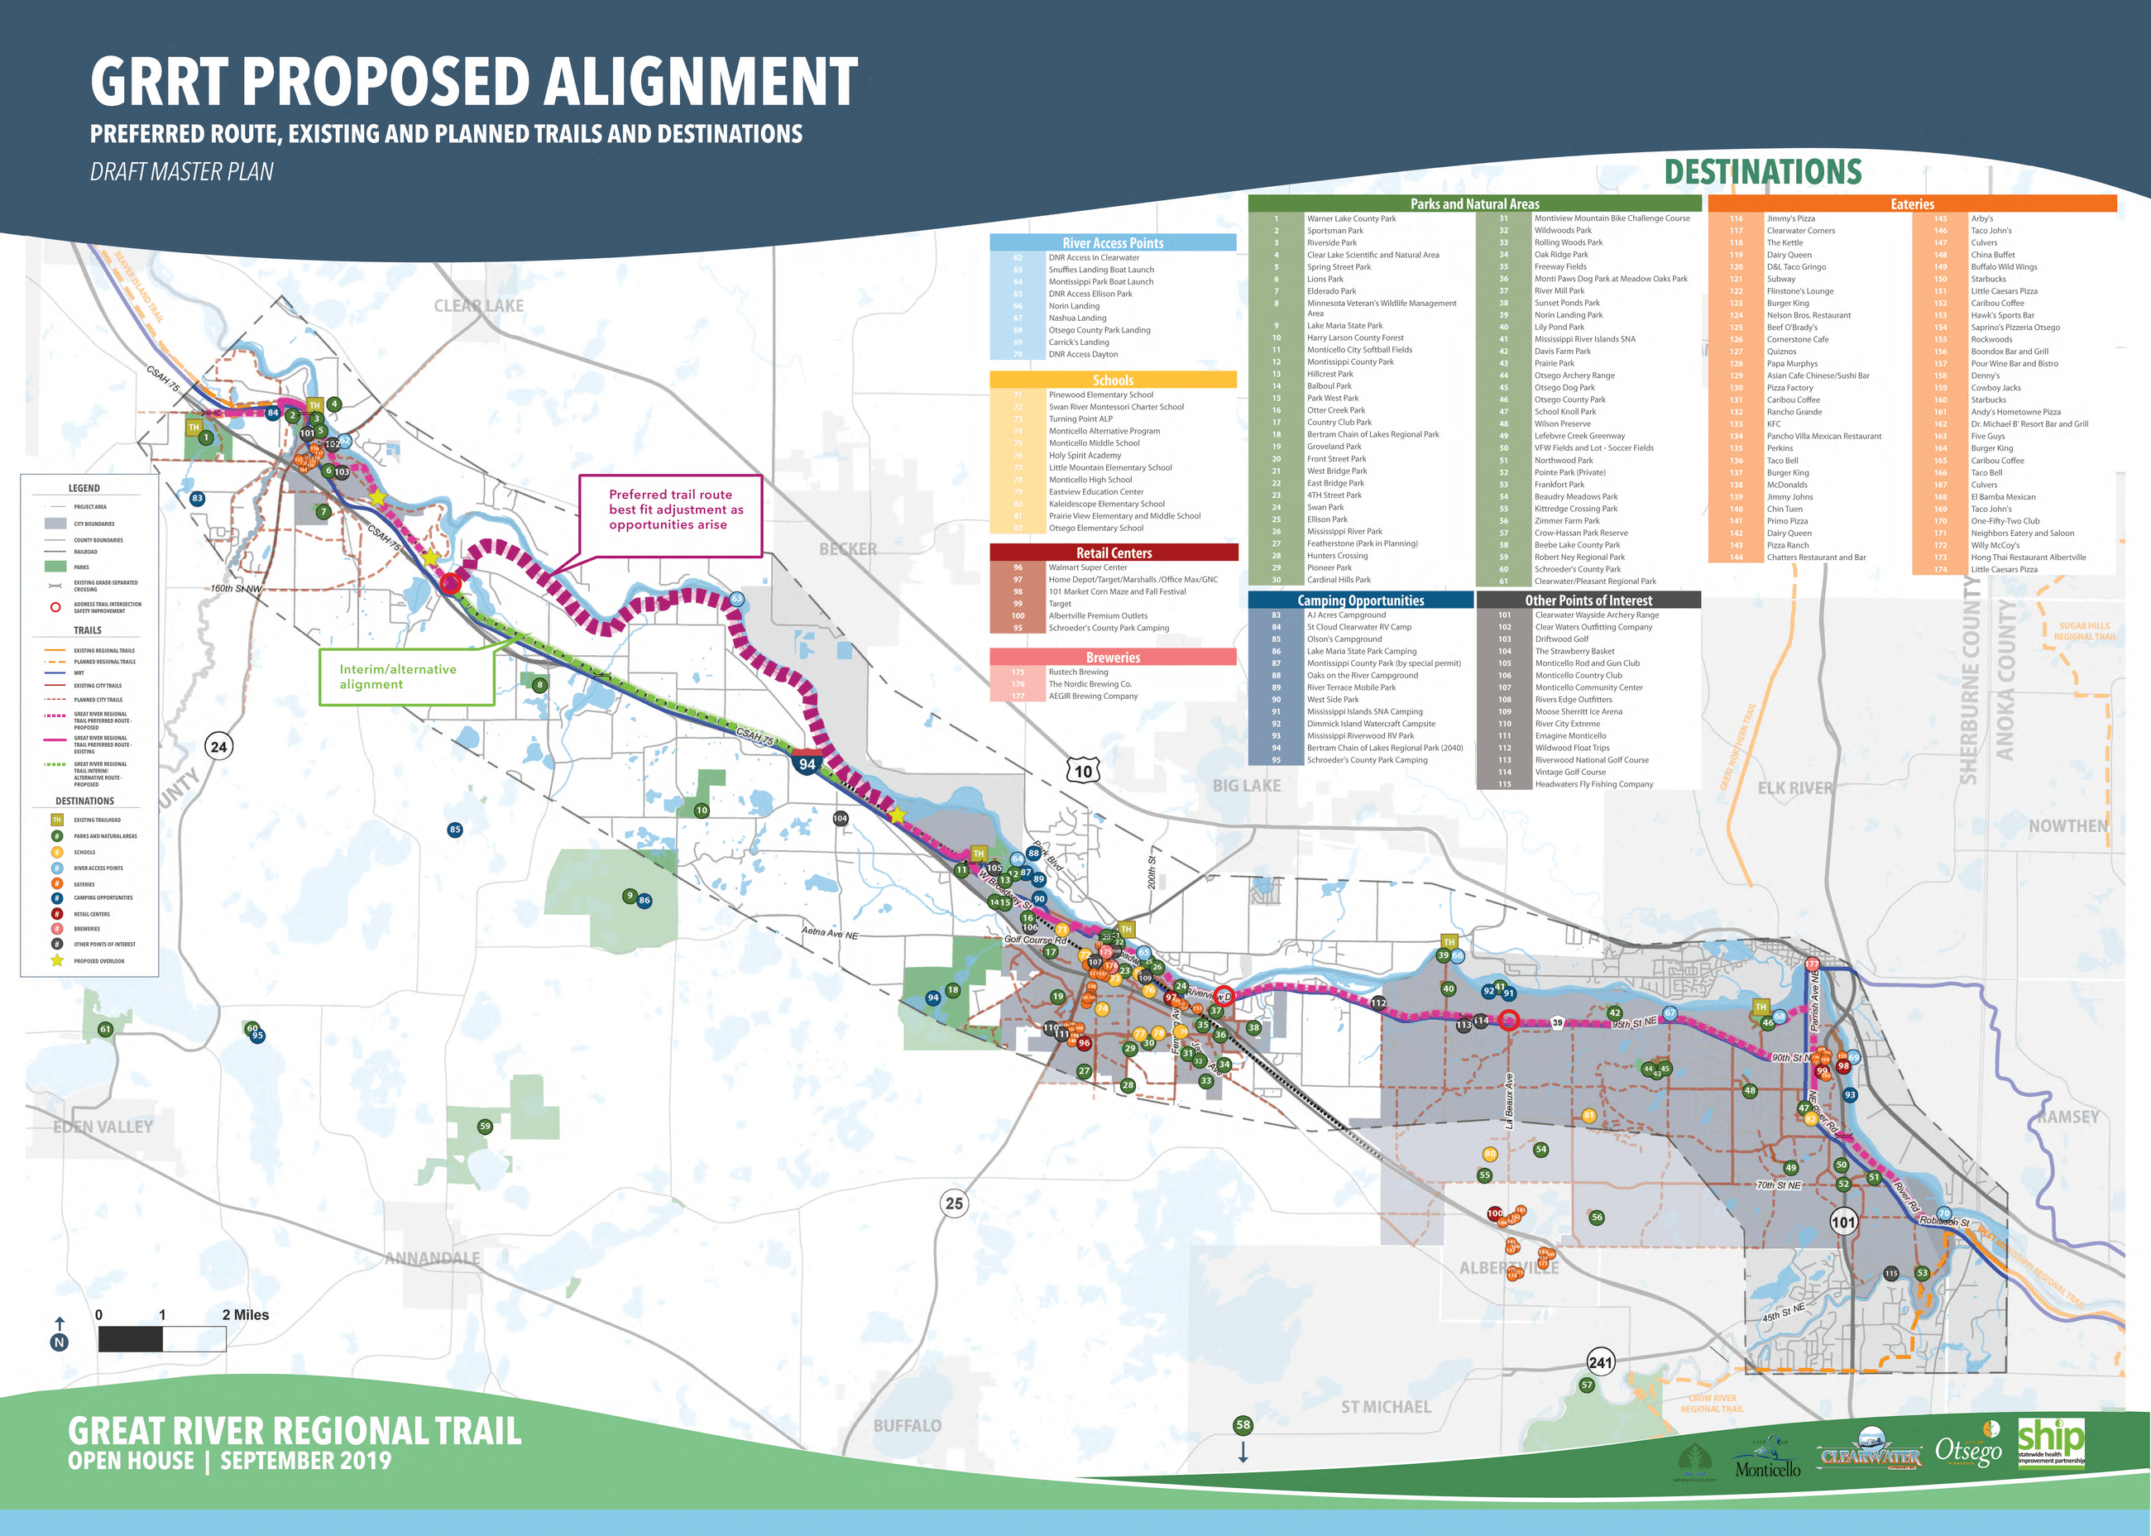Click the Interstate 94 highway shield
pos(807,763)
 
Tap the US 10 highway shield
pos(1083,770)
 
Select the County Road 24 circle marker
pos(218,746)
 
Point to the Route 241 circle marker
pos(1601,1362)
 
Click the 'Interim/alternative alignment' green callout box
pos(407,677)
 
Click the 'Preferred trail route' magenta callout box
pos(671,515)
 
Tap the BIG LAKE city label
pos(1246,785)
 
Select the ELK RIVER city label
pos(1794,788)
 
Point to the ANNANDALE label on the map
pos(433,1258)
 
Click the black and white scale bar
pos(162,1338)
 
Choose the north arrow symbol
pos(60,1333)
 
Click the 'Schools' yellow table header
pos(1113,380)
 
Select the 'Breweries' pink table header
pos(1113,657)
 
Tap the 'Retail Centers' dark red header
pos(1113,553)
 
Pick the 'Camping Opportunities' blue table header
pos(1360,600)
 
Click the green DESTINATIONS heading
pos(1762,172)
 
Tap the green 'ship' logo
pos(2051,1442)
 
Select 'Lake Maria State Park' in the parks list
pos(1344,325)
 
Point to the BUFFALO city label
pos(906,1424)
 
